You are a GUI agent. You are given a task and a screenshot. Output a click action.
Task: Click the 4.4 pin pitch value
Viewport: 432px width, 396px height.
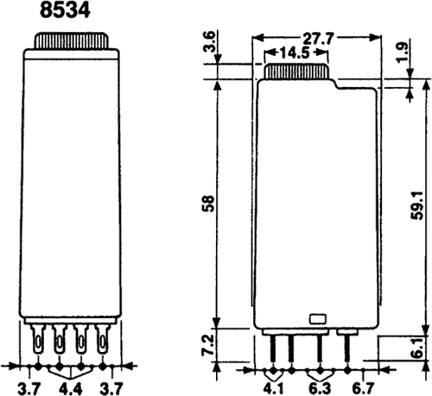(70, 387)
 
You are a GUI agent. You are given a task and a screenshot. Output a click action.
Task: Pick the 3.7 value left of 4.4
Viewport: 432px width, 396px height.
(29, 387)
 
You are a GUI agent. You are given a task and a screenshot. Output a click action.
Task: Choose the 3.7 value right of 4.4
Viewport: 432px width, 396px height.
(111, 387)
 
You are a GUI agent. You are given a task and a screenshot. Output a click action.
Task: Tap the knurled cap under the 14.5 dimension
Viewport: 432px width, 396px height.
(294, 72)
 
